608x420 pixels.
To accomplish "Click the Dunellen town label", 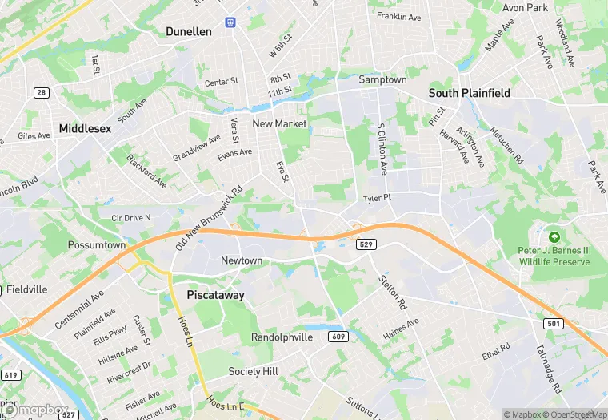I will [188, 31].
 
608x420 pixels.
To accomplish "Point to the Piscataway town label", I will [215, 295].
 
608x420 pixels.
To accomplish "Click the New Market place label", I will [279, 123].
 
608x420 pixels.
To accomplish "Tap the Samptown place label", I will [382, 80].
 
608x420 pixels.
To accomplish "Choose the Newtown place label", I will [242, 260].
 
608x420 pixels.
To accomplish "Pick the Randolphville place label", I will [282, 337].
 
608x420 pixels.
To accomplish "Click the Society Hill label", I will [253, 371].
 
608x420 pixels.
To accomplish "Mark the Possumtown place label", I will [97, 244].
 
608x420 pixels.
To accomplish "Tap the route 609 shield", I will [337, 337].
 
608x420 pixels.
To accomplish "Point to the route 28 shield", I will [41, 93].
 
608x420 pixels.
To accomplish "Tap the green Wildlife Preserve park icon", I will [554, 236].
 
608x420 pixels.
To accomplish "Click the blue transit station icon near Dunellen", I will [230, 22].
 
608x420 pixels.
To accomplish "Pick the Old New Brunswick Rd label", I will [208, 218].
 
